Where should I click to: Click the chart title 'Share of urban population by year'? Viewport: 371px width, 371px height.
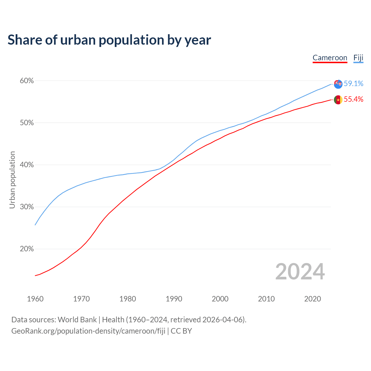[x=109, y=40]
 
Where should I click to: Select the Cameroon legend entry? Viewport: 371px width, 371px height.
[x=330, y=58]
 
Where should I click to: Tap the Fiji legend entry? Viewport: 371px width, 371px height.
[x=358, y=58]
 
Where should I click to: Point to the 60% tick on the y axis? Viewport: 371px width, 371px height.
[x=27, y=81]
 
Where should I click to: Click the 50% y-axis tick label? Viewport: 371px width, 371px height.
[x=27, y=123]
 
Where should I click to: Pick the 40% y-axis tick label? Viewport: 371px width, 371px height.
[x=27, y=165]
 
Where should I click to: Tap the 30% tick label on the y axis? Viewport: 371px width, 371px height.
[x=27, y=207]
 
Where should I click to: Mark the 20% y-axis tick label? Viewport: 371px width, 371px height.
[x=27, y=249]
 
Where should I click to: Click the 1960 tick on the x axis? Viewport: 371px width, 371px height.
[x=35, y=299]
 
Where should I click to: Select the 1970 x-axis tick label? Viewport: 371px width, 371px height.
[x=81, y=299]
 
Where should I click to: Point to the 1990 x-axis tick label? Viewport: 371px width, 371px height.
[x=174, y=299]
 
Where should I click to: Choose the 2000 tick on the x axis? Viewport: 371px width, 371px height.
[x=220, y=299]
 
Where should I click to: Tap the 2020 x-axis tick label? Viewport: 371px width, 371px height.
[x=312, y=299]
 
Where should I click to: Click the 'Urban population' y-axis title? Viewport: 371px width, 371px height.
[x=12, y=180]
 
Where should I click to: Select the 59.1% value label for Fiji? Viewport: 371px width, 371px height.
[x=353, y=84]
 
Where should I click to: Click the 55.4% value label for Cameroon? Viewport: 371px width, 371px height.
[x=353, y=99]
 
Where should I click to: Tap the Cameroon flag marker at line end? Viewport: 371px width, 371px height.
[x=338, y=100]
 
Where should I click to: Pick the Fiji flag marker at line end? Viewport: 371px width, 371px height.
[x=338, y=84]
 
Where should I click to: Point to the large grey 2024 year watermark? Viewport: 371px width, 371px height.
[x=300, y=272]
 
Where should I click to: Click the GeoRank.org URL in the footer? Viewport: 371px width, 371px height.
[x=88, y=331]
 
